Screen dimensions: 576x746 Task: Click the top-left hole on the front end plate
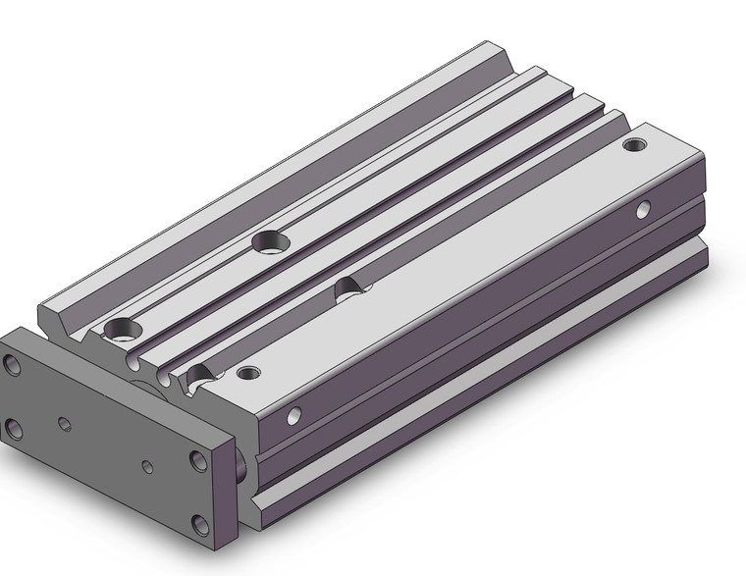[x=13, y=366]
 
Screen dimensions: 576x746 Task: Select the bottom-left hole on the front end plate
[x=13, y=429]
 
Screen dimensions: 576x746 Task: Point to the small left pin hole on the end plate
[x=65, y=423]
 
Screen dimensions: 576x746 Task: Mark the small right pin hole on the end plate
[x=147, y=467]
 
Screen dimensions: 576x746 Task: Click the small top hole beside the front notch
[x=249, y=373]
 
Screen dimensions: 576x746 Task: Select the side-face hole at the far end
[x=643, y=208]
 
